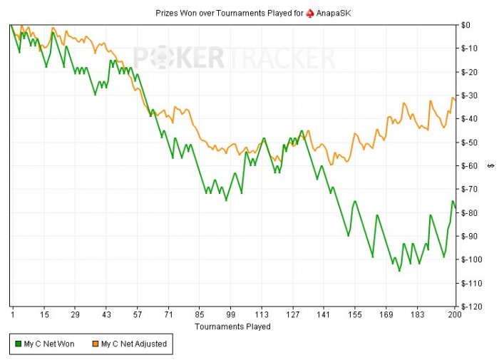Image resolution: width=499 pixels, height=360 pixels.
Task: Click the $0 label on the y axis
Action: tap(465, 25)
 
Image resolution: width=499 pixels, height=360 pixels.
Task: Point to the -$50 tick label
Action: tap(468, 143)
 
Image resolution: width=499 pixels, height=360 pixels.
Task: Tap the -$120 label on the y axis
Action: tap(470, 307)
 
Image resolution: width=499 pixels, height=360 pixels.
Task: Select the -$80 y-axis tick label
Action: tap(468, 213)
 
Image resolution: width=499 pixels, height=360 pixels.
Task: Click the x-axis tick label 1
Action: tap(12, 314)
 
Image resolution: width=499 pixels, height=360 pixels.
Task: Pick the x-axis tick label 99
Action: tap(230, 314)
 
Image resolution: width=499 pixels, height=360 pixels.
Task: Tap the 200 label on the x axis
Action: tap(451, 314)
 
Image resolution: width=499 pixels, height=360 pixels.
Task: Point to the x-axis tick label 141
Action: tap(324, 314)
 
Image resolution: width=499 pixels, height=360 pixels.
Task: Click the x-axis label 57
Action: tap(137, 314)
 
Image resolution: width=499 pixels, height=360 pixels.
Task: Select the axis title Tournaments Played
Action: tap(232, 326)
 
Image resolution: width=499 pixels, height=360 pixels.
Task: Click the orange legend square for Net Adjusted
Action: tap(96, 344)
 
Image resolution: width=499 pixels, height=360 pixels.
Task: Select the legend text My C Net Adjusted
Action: tap(134, 344)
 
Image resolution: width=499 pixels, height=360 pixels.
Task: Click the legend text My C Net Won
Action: tap(49, 344)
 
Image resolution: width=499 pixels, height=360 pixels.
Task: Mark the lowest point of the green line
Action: tap(399, 271)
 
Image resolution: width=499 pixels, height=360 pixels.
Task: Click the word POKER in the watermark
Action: tap(178, 58)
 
